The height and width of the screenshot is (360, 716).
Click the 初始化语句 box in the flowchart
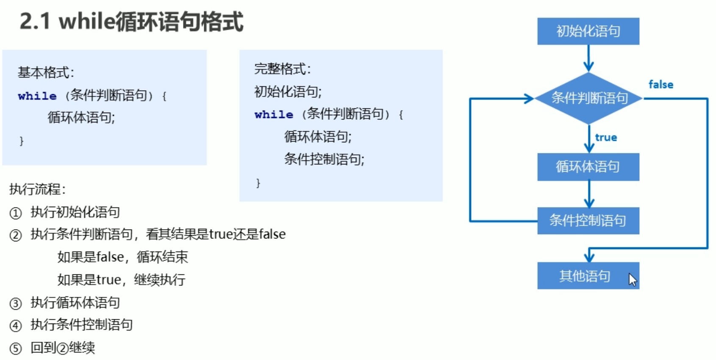(588, 31)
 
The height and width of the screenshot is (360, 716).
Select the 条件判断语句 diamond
(589, 98)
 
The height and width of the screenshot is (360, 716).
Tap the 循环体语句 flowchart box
(588, 167)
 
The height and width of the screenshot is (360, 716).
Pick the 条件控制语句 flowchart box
(588, 221)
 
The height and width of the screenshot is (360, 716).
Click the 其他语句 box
(585, 276)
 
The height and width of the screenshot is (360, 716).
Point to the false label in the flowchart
(660, 85)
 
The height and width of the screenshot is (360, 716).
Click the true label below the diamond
(606, 138)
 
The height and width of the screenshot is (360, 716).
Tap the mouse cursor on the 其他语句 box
(633, 280)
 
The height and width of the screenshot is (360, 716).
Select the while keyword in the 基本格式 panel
(37, 96)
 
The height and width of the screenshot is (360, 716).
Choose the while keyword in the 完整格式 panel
(274, 115)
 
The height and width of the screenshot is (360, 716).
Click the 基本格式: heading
(46, 72)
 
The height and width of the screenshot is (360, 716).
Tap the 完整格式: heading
(283, 69)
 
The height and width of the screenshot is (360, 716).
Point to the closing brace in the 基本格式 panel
(22, 141)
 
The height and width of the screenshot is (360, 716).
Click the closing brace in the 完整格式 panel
(258, 183)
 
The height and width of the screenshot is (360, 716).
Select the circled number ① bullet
(16, 213)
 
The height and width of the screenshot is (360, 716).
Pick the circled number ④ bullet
(16, 326)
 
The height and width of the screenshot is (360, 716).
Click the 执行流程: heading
(37, 189)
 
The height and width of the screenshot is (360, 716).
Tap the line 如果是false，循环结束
(122, 257)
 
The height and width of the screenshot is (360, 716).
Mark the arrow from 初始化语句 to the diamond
(588, 58)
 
